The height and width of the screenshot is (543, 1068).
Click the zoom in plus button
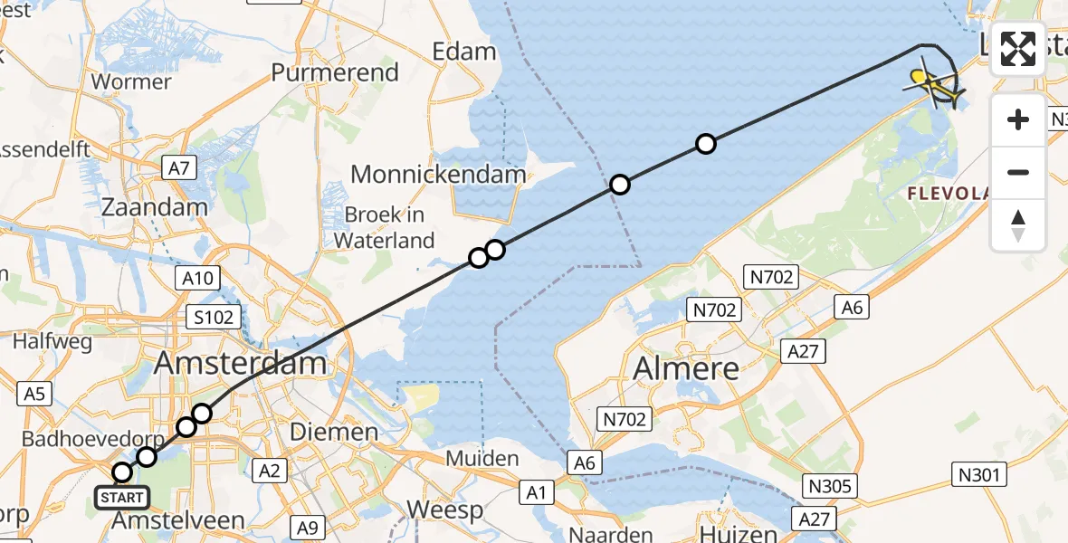[1018, 119]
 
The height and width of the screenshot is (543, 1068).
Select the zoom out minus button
[1018, 172]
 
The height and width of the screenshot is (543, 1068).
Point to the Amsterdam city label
[241, 364]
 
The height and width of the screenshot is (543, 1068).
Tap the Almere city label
[686, 368]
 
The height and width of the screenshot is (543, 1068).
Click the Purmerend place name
[335, 72]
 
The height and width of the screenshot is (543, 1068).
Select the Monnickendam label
[438, 174]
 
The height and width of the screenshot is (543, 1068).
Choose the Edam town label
[464, 52]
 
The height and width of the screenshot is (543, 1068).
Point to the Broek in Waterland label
[385, 228]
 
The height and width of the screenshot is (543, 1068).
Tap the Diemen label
[334, 432]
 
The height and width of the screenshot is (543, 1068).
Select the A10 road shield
[197, 278]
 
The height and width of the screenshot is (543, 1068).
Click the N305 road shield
[830, 487]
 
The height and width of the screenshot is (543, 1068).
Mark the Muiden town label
[482, 458]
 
